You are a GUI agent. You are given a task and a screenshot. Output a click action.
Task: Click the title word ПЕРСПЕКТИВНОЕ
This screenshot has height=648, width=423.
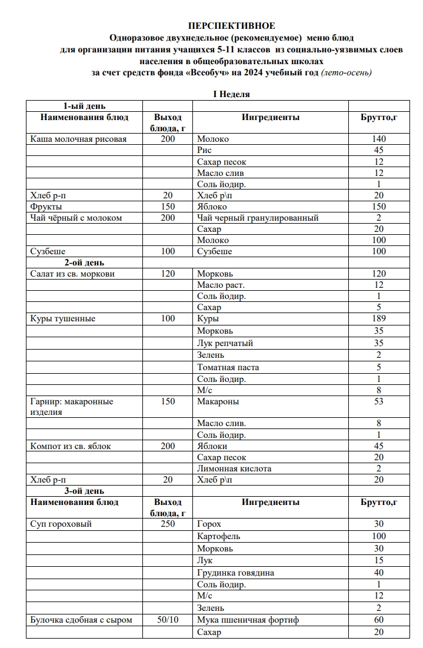coord(231,26)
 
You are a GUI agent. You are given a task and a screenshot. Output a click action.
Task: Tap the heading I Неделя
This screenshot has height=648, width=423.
coord(231,94)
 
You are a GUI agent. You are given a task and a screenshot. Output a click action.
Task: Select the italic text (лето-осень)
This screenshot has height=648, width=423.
coord(347,72)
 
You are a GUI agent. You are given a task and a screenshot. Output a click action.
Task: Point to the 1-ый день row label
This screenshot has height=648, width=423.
coord(85,106)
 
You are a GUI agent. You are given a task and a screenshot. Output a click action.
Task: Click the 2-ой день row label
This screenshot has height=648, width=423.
coord(84,262)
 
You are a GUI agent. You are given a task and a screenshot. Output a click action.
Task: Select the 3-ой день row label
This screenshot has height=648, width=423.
coord(84,491)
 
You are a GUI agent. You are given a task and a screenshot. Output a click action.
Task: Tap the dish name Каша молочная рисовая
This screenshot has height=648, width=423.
coord(78,139)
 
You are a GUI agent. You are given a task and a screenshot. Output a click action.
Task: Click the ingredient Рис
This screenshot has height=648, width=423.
coord(205,151)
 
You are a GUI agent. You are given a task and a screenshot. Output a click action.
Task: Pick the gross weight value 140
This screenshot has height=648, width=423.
coord(379,139)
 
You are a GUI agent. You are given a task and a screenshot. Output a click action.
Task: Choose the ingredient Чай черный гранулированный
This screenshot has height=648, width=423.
coord(258,218)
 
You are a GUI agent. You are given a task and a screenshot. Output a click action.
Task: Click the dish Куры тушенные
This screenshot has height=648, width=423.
coord(62,319)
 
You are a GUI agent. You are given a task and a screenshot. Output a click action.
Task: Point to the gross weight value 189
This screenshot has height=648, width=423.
coord(379,319)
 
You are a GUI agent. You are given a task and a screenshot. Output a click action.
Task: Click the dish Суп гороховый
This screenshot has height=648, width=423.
coord(61,524)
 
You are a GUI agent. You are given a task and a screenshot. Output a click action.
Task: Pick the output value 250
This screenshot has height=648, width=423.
coord(168,524)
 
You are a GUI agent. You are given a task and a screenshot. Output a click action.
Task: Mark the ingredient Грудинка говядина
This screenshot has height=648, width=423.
coord(235,573)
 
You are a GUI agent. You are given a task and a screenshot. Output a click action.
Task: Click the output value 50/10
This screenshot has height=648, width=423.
coord(168,620)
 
